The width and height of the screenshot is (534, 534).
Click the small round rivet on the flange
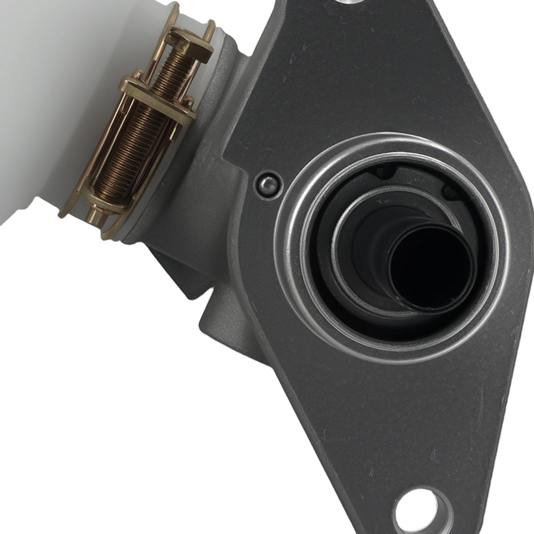268,185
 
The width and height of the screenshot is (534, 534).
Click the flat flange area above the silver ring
374,80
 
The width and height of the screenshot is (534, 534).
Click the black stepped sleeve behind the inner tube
374,240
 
